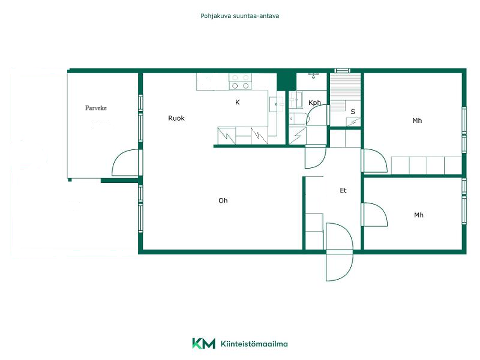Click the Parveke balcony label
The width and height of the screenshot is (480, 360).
(96, 108)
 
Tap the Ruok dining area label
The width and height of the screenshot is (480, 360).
(176, 118)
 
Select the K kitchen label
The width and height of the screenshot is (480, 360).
(237, 102)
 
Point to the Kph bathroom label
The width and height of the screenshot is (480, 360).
(314, 103)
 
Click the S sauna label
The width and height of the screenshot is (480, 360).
(353, 112)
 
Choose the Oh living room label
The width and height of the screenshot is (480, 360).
(223, 200)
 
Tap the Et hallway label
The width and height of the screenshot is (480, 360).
(343, 190)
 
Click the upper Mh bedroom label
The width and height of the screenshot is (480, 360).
(417, 121)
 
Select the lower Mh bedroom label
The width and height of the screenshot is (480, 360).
(418, 215)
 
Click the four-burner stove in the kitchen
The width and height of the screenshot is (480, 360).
(241, 82)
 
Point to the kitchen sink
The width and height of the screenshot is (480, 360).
(277, 104)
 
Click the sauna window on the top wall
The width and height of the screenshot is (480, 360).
(342, 71)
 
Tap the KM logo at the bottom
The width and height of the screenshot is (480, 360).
(203, 343)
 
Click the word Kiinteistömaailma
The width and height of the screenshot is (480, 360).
(254, 344)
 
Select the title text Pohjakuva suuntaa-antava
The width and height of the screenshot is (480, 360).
(239, 16)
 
